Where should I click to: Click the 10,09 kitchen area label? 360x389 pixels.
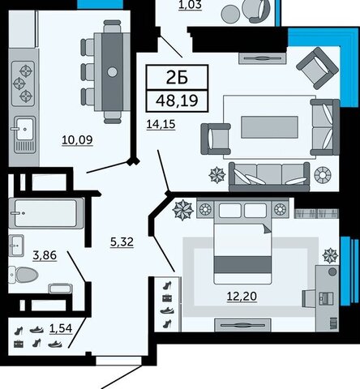pos(77,140)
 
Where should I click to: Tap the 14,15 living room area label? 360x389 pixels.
pos(161,125)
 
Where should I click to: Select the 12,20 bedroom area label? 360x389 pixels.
pos(242,297)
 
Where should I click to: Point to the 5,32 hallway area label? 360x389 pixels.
pos(122,242)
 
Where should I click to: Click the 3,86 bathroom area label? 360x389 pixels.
pos(45,255)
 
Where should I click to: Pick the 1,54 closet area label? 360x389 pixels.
pos(61,328)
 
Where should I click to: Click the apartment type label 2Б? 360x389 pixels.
pos(177,78)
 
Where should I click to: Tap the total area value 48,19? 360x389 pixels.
pos(177,100)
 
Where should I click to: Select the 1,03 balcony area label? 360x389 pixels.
pos(191,5)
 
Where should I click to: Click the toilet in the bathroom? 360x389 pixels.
pos(24,275)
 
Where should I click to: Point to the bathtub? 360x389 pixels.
pos(46,213)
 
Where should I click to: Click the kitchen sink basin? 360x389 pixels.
pos(24,129)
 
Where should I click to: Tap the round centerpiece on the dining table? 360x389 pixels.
pos(112,72)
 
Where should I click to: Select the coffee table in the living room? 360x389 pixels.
pos(269,127)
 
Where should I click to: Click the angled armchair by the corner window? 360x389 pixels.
pos(317,68)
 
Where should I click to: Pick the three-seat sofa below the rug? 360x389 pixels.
pos(269,177)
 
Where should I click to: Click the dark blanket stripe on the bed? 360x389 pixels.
pos(242,264)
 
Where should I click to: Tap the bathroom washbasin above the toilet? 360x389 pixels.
pos(16,246)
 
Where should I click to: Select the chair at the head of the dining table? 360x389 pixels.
pos(112,27)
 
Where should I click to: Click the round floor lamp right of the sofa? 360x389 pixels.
pos(323,175)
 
